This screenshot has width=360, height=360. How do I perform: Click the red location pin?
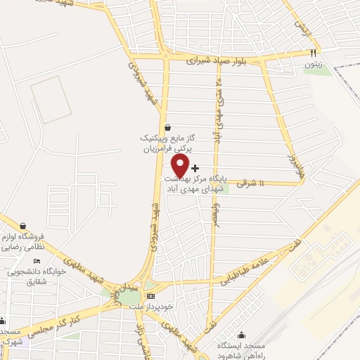(180, 166)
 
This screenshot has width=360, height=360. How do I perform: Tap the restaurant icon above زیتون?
(314, 53)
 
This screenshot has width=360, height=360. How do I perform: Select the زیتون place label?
(313, 63)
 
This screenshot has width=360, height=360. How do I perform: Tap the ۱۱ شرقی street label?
(252, 183)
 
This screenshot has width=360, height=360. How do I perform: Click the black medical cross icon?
(195, 168)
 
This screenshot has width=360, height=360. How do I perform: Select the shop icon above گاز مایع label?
(167, 127)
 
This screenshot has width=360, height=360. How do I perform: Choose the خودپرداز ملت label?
(146, 307)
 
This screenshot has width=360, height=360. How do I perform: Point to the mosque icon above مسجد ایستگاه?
(242, 335)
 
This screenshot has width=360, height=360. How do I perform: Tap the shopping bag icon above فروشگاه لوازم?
(24, 226)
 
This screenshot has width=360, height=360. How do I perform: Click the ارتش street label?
(302, 28)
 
